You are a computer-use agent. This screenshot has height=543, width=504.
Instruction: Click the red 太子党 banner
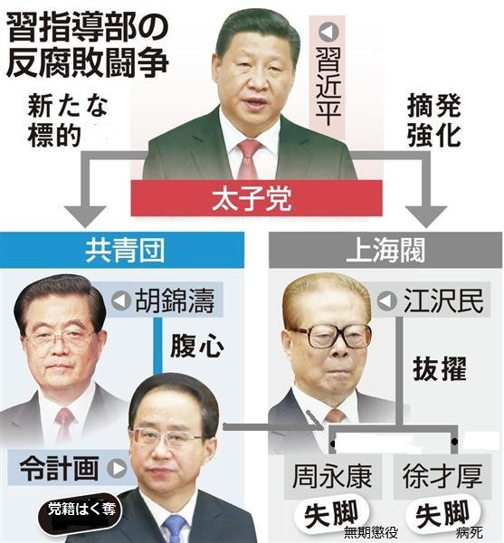(x=256, y=197)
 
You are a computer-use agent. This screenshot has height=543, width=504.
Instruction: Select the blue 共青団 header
(x=122, y=250)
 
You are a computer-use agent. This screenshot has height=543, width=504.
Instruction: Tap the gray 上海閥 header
(x=385, y=250)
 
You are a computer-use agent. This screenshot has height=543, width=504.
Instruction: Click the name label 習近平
(x=328, y=76)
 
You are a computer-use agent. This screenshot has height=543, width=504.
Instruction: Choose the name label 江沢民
(x=432, y=300)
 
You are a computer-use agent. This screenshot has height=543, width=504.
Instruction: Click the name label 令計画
(x=71, y=468)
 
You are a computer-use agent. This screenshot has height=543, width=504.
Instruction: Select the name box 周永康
(x=333, y=477)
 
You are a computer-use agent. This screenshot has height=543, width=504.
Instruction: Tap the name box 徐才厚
(x=442, y=477)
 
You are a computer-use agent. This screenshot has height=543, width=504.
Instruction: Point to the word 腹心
(x=196, y=347)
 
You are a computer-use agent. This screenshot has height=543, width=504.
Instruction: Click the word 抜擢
(x=440, y=369)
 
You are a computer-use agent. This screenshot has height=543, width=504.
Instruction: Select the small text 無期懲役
(x=371, y=533)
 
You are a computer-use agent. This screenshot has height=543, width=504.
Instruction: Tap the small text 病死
(x=470, y=533)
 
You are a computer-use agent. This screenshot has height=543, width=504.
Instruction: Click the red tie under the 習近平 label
(x=248, y=159)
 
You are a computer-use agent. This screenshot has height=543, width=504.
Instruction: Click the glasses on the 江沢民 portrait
(x=333, y=336)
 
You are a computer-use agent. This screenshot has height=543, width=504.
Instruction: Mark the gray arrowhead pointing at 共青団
(x=85, y=216)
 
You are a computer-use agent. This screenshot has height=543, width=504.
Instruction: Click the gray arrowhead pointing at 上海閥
(x=426, y=216)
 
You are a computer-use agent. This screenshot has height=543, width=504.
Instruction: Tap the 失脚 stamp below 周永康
(x=331, y=515)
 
